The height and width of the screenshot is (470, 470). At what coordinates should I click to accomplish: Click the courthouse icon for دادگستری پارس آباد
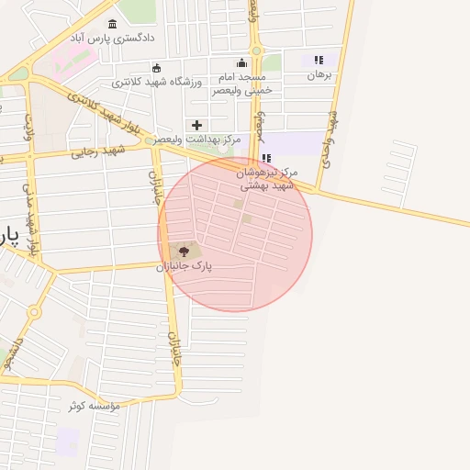113,24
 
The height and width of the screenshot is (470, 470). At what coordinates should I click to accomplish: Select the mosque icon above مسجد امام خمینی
241,62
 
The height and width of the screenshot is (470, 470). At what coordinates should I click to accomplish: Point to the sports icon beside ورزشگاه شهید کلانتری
157,67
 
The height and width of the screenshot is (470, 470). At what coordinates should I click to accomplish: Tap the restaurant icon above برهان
319,60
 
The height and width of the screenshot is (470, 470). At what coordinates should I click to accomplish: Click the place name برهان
319,74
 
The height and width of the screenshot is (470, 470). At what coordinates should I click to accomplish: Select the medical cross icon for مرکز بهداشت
196,125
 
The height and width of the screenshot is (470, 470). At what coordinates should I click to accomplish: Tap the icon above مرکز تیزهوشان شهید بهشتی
266,158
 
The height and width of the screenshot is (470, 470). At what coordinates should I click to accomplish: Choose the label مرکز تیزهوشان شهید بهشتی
267,178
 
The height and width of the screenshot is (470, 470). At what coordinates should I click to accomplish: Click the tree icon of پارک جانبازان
184,251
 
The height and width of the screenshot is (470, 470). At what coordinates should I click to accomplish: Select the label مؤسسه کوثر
94,405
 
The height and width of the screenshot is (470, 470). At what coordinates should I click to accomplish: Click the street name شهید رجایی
98,151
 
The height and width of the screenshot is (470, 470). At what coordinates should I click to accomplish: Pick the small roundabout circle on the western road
35,312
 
